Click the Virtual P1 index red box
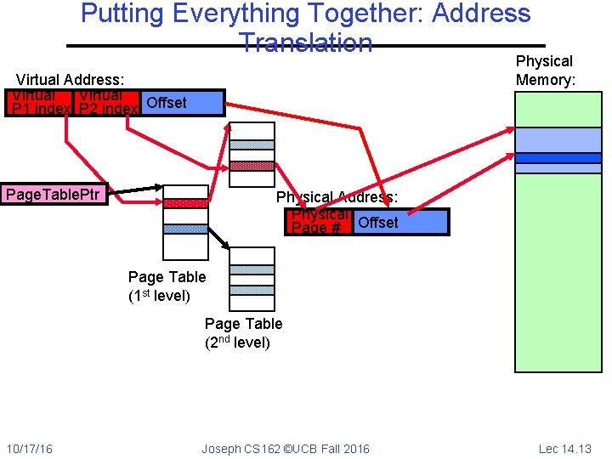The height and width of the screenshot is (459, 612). click(x=39, y=103)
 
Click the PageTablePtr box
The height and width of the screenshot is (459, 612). click(x=54, y=195)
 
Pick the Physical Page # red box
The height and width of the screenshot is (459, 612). click(x=320, y=222)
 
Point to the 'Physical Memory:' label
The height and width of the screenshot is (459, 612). click(x=545, y=71)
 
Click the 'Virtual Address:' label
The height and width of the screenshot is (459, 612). click(x=65, y=80)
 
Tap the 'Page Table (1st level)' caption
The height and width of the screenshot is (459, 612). click(x=167, y=286)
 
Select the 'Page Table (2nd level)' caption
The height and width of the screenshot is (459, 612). click(x=243, y=333)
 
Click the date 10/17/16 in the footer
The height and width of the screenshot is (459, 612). click(x=29, y=448)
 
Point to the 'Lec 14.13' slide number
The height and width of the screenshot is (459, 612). click(x=564, y=448)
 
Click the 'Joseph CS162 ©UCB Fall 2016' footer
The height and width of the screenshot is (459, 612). click(x=286, y=448)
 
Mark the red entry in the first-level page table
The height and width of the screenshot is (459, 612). click(x=185, y=203)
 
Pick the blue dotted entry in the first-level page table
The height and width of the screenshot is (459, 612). click(x=185, y=229)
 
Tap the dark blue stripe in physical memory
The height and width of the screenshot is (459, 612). click(x=558, y=157)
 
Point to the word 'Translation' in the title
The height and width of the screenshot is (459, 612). click(x=306, y=42)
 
